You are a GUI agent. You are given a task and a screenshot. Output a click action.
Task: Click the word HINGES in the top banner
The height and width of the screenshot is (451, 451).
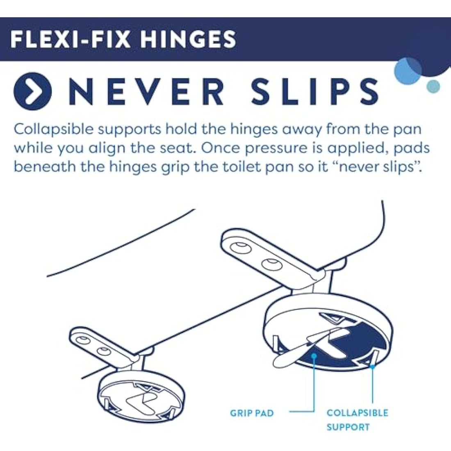coord(188,39)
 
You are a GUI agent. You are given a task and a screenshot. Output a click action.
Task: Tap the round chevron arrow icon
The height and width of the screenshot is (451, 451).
coord(32,91)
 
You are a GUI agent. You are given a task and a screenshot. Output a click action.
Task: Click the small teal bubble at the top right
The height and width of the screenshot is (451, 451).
coord(433,86)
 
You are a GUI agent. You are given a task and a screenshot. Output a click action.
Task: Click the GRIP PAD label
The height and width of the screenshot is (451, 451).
coord(251,413)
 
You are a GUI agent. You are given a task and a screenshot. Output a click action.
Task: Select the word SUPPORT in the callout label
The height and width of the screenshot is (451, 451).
coord(348,427)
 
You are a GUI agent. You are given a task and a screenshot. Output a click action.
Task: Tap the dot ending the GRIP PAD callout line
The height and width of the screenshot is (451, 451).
coord(314,355)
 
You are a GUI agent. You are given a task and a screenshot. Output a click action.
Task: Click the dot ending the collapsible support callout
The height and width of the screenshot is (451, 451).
coord(372,367)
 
